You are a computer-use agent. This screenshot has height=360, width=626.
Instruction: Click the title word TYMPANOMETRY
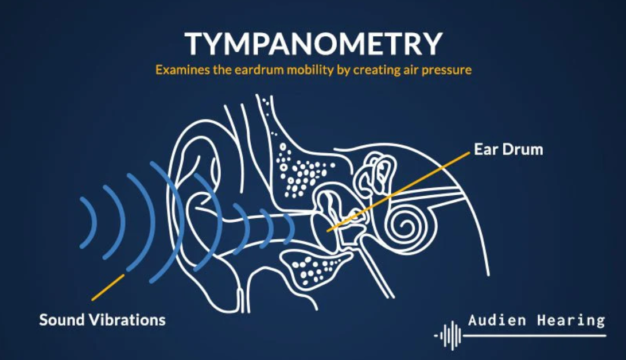click(x=313, y=44)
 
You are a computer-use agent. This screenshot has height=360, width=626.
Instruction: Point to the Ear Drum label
click(x=508, y=150)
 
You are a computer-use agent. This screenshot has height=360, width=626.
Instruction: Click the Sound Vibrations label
click(x=102, y=319)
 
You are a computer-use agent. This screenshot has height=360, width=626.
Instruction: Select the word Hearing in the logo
click(x=570, y=320)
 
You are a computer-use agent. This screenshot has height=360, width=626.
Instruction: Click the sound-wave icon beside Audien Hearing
click(x=449, y=334)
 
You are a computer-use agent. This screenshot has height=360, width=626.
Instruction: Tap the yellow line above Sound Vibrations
click(x=108, y=287)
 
